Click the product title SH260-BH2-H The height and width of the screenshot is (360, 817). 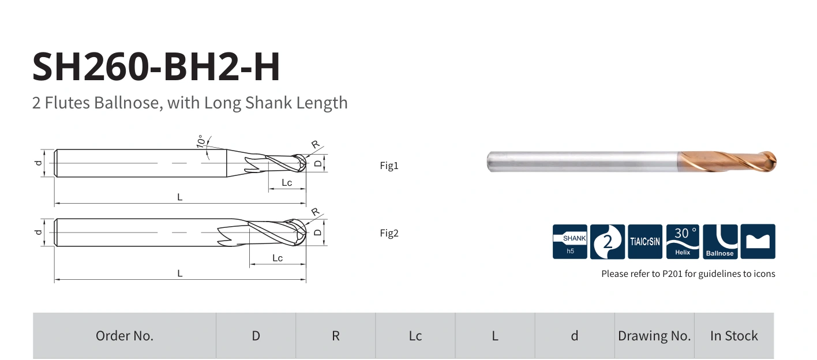point(156,67)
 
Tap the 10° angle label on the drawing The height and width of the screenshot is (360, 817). point(201,141)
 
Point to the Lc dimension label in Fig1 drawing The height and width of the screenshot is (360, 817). point(287,182)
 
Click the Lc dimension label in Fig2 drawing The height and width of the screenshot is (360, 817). point(278,258)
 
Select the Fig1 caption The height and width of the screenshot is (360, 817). point(389,166)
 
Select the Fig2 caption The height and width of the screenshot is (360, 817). point(389,233)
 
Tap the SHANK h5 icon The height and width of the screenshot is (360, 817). point(569,242)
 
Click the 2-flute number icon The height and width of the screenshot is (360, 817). point(608,242)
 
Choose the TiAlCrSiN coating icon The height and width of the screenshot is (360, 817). point(645,242)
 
